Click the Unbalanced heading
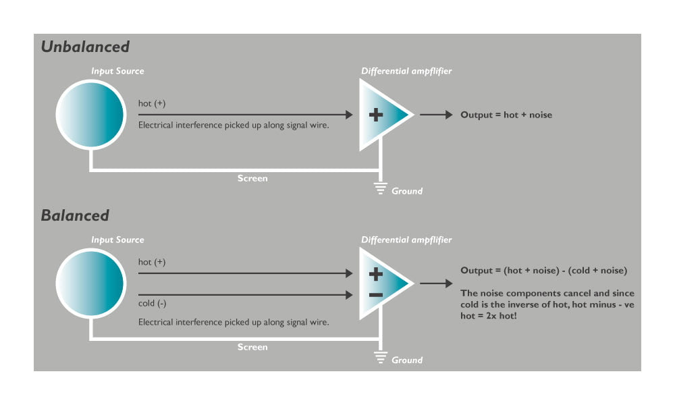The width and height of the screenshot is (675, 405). (85, 47)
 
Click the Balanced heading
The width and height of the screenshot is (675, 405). (75, 215)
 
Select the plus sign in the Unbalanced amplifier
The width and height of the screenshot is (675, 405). (376, 115)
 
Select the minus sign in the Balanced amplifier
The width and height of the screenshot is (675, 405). (376, 295)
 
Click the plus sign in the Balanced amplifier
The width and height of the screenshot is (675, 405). (376, 274)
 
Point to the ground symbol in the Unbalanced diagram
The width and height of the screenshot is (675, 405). (380, 188)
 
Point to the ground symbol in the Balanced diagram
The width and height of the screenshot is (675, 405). (380, 357)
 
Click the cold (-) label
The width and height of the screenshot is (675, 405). (152, 304)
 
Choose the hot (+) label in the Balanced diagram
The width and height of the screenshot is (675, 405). (151, 262)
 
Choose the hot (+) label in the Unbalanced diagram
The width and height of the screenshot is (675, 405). (151, 103)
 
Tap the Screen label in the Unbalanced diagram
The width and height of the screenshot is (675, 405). (252, 178)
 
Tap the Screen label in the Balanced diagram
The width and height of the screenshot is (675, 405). (252, 347)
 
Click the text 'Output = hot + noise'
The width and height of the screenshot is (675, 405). (506, 115)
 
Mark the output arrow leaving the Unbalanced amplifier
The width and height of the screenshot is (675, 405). (436, 115)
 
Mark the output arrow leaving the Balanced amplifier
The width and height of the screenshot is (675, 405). (436, 283)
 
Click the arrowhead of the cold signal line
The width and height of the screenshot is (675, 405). (349, 295)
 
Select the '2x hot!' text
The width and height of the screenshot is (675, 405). (502, 315)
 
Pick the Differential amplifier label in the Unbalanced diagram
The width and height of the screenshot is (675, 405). (406, 71)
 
